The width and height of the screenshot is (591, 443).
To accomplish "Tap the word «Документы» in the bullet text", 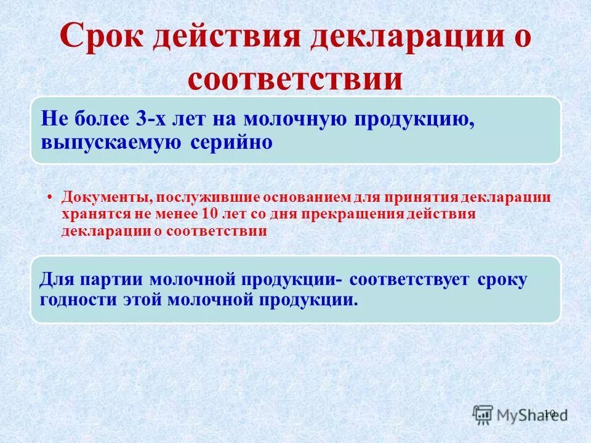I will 107,198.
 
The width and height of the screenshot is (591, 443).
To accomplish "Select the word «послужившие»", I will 209,198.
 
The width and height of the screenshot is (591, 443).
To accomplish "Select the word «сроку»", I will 502,279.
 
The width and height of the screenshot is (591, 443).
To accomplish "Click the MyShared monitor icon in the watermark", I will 484,415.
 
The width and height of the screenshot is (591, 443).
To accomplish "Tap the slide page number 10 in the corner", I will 550,413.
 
